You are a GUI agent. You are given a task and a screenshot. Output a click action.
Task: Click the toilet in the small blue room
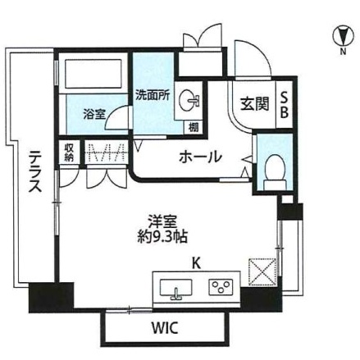(275, 172)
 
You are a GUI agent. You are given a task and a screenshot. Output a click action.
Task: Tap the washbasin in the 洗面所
(188, 101)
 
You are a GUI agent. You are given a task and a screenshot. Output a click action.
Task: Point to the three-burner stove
(221, 287)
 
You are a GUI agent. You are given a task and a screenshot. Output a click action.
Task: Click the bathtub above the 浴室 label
(93, 74)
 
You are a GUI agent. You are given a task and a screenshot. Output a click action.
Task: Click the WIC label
(165, 328)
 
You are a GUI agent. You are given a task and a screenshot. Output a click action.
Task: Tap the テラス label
(36, 171)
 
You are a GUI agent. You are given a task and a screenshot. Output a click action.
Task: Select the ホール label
(200, 157)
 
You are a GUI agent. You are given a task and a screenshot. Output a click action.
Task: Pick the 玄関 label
(254, 104)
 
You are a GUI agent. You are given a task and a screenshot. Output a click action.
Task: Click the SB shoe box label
(285, 104)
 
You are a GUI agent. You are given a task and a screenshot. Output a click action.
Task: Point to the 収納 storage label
(69, 153)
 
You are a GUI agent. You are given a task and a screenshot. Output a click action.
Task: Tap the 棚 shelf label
(194, 128)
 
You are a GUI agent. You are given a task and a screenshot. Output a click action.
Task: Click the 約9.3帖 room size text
(162, 237)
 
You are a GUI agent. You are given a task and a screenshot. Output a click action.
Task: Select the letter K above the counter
(196, 264)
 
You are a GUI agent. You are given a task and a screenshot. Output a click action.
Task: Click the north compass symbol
(343, 36)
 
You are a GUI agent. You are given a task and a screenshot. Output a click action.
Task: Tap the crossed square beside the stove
(262, 271)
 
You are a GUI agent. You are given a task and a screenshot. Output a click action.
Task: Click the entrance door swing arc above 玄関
(257, 52)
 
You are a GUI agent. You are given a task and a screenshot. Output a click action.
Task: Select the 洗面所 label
(153, 95)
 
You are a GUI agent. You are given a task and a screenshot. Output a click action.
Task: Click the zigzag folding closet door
(107, 152)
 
